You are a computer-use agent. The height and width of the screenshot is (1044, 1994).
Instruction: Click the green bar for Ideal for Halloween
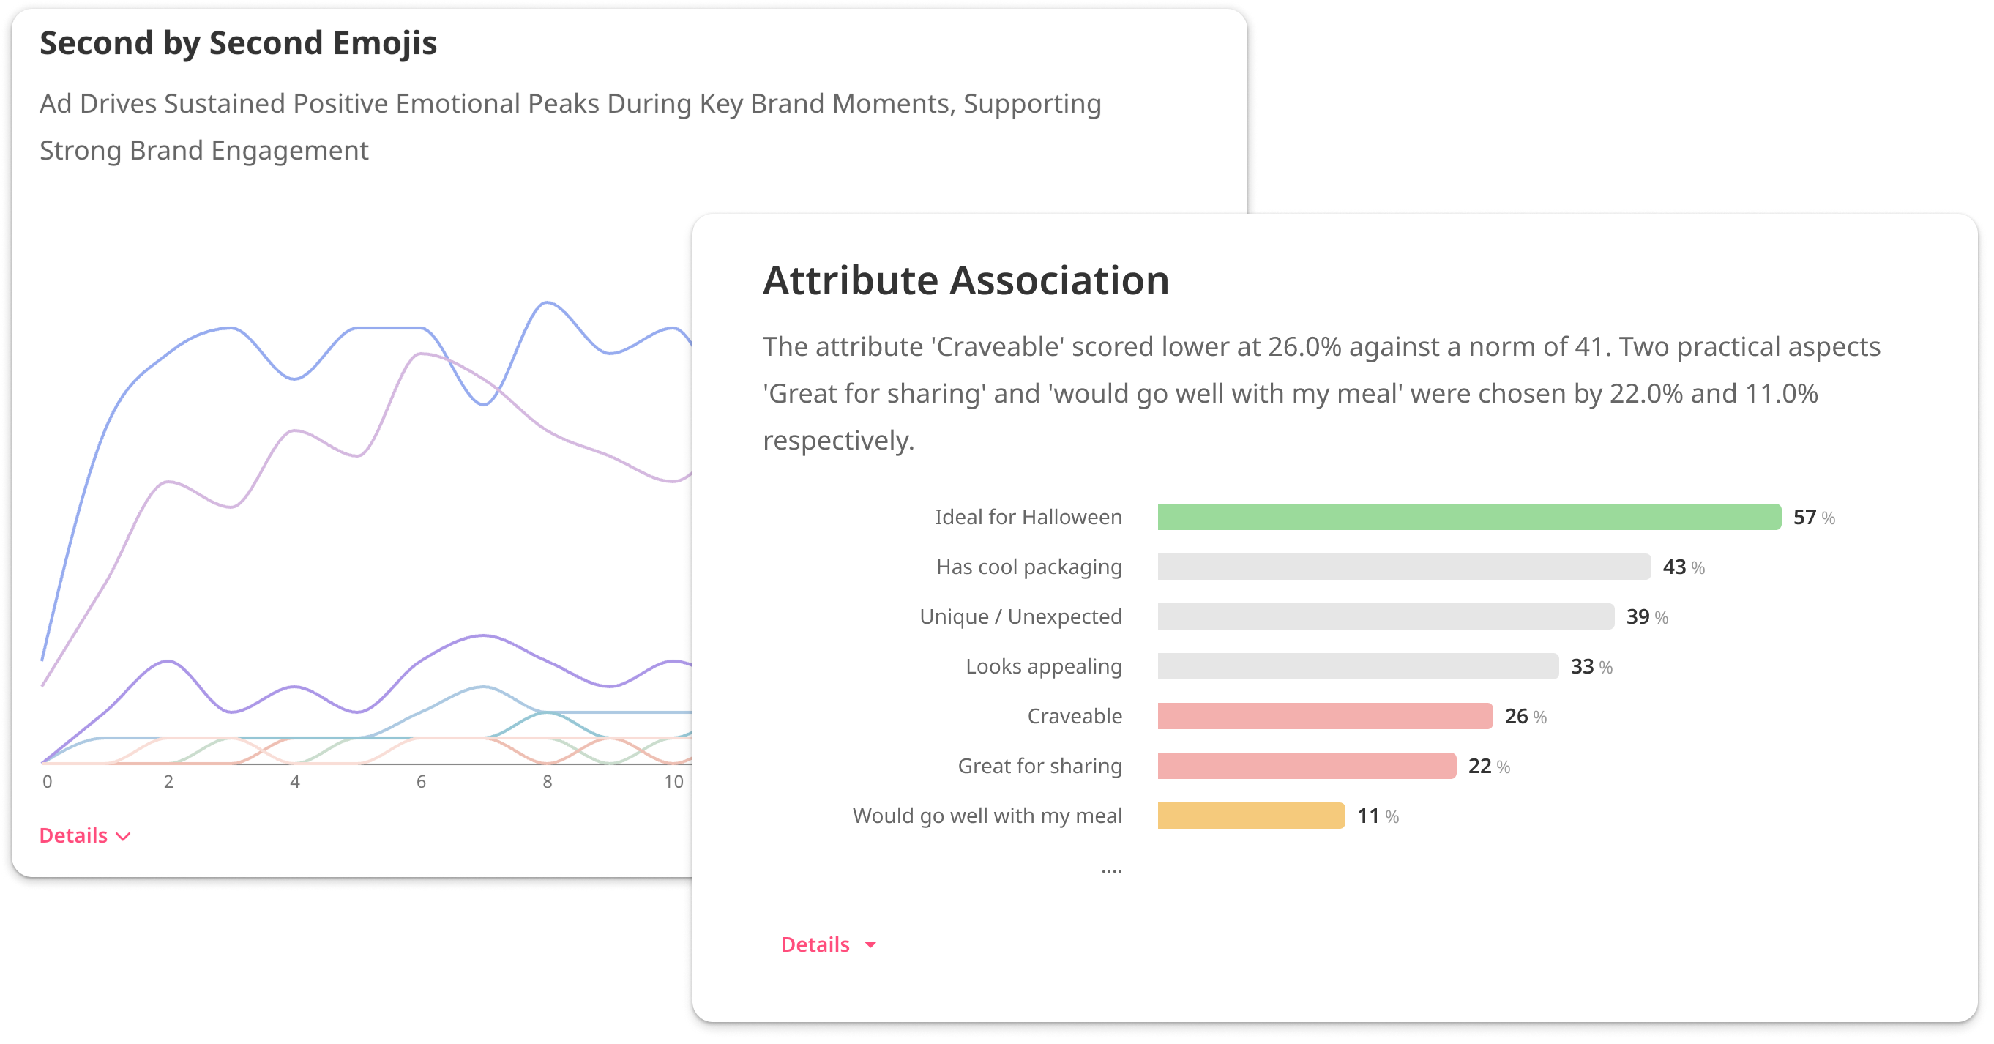coord(1468,517)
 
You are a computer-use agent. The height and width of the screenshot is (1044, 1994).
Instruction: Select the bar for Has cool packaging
coord(1403,567)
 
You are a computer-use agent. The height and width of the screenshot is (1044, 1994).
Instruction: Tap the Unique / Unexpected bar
coord(1385,616)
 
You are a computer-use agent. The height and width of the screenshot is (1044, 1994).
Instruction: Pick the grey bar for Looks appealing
coord(1357,666)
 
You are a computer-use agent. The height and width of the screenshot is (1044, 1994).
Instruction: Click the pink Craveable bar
coord(1324,716)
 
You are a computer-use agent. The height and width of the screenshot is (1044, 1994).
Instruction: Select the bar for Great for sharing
coord(1306,765)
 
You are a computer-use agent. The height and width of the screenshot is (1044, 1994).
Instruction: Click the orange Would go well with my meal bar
coord(1251,816)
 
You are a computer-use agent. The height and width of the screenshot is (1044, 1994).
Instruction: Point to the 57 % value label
coord(1813,517)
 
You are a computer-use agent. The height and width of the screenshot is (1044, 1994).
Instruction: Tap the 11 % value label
coord(1377,816)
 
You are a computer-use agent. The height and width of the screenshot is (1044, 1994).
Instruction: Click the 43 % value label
coord(1683,567)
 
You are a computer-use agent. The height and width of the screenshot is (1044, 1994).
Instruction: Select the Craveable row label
coord(1074,716)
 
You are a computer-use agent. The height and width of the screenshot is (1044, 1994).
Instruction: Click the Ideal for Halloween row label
coord(1028,517)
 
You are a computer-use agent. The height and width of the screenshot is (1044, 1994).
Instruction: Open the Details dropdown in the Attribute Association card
coord(827,944)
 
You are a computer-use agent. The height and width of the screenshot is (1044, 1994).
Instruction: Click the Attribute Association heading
coord(966,280)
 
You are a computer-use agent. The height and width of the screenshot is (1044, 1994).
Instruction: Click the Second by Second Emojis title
coord(238,43)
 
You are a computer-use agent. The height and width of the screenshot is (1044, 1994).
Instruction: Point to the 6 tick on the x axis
coord(421,782)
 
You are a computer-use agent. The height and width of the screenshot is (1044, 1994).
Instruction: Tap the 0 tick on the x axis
coord(48,782)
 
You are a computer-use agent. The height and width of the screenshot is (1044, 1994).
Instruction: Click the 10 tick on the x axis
coord(673,782)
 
